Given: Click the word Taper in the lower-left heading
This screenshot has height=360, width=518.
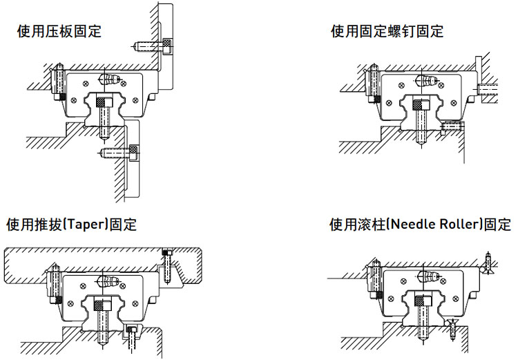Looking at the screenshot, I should [77, 225].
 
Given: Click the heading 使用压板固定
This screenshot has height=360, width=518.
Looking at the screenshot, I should [59, 31].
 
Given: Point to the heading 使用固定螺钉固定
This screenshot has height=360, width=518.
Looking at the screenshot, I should [387, 31].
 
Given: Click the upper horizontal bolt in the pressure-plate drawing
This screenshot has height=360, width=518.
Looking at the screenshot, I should [152, 46].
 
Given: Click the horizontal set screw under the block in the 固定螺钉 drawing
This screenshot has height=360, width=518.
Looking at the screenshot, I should [451, 126].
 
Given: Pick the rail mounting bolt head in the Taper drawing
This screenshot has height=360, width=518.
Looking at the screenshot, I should [103, 303].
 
